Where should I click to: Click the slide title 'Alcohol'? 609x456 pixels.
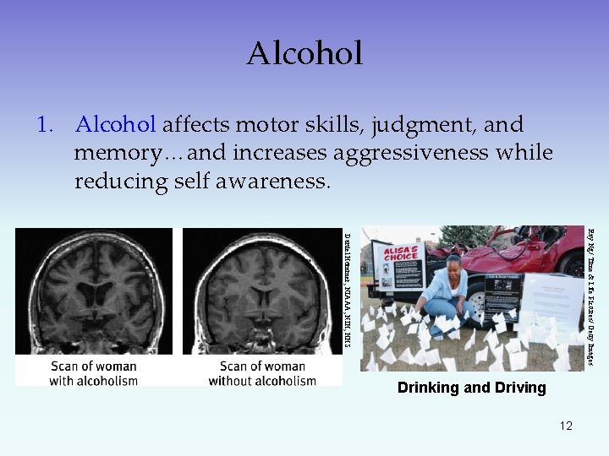[x=304, y=53]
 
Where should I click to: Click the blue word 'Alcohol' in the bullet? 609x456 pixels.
[x=115, y=125]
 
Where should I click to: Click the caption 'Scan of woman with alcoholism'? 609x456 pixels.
[x=93, y=373]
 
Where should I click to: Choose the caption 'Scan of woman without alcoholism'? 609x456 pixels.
[x=262, y=373]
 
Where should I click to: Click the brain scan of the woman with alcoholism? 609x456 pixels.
[x=93, y=291]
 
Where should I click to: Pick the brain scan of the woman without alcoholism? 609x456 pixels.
[x=262, y=291]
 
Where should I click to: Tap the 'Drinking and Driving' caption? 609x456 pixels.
[x=472, y=388]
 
